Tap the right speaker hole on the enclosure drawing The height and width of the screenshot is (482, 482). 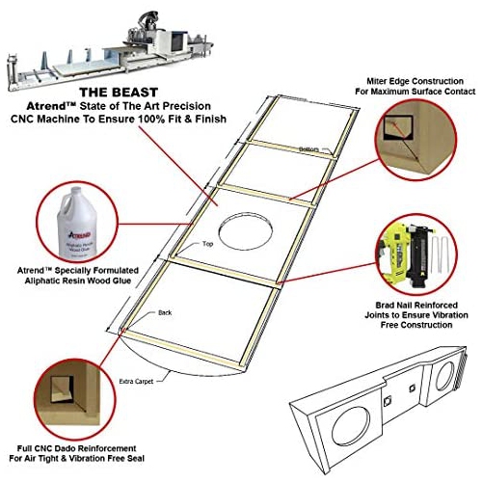point(451,374)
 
